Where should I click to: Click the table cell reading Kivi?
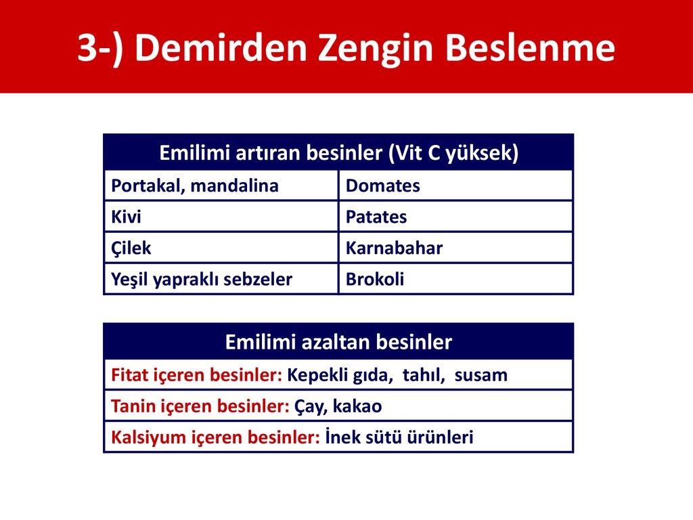(x=221, y=217)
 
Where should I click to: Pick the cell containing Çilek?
(x=221, y=248)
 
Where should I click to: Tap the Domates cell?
(x=455, y=186)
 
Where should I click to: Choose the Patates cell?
(x=455, y=217)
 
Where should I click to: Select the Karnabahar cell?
(x=455, y=248)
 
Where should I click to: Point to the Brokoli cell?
(x=455, y=279)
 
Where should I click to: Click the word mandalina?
(x=234, y=186)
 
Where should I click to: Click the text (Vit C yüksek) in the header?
(x=453, y=154)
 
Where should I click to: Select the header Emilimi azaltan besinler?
(x=338, y=342)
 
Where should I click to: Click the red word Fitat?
(x=129, y=375)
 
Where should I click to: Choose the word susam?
(x=481, y=376)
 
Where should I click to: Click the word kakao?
(x=357, y=406)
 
